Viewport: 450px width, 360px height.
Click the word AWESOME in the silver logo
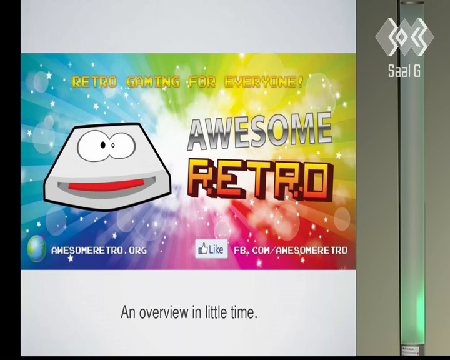(260, 131)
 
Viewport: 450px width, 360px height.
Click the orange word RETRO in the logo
(261, 180)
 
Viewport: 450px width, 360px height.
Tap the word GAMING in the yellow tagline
(153, 82)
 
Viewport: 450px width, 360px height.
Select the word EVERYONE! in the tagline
(264, 82)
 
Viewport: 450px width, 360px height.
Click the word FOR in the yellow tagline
(202, 82)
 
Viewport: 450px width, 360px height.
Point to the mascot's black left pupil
(102, 145)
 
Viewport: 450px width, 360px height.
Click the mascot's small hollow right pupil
(113, 145)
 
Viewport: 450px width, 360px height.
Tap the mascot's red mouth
(106, 185)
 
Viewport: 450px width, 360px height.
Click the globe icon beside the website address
(37, 249)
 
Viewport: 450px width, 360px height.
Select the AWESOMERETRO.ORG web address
(99, 251)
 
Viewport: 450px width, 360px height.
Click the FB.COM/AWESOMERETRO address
(291, 251)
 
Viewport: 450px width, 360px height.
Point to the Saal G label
(404, 71)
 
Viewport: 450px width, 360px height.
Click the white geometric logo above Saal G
(404, 37)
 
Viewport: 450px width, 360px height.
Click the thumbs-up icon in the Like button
(203, 249)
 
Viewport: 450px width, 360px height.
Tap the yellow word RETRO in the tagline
(95, 82)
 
